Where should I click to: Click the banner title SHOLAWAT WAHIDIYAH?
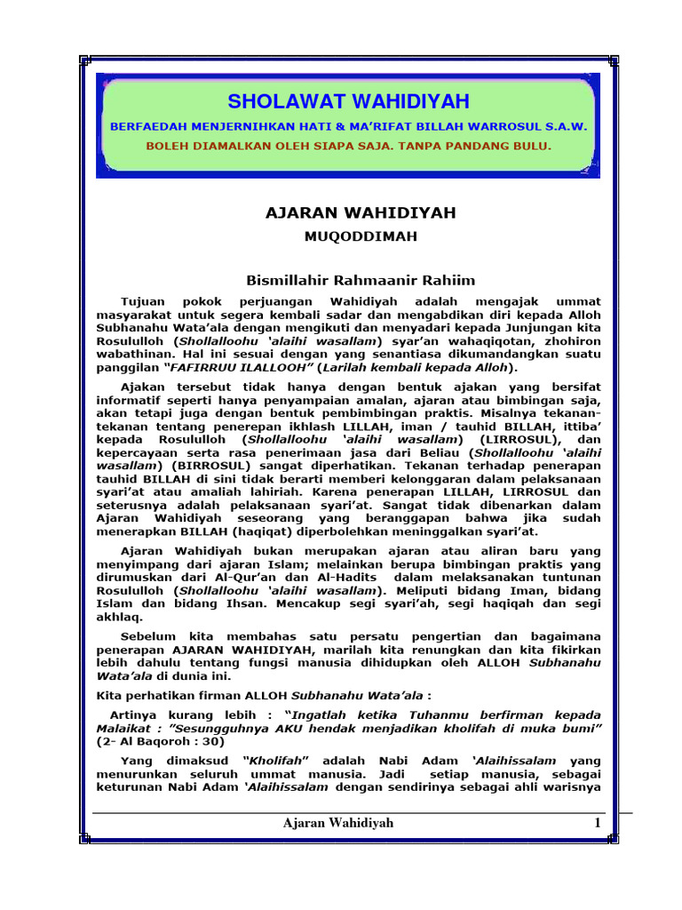coord(348,101)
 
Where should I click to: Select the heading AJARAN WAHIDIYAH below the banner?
coord(348,213)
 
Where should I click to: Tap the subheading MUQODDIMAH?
coord(348,236)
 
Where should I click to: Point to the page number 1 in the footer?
coord(598,823)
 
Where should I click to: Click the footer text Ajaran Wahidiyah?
coord(338,823)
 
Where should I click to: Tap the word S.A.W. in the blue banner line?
coord(561,126)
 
